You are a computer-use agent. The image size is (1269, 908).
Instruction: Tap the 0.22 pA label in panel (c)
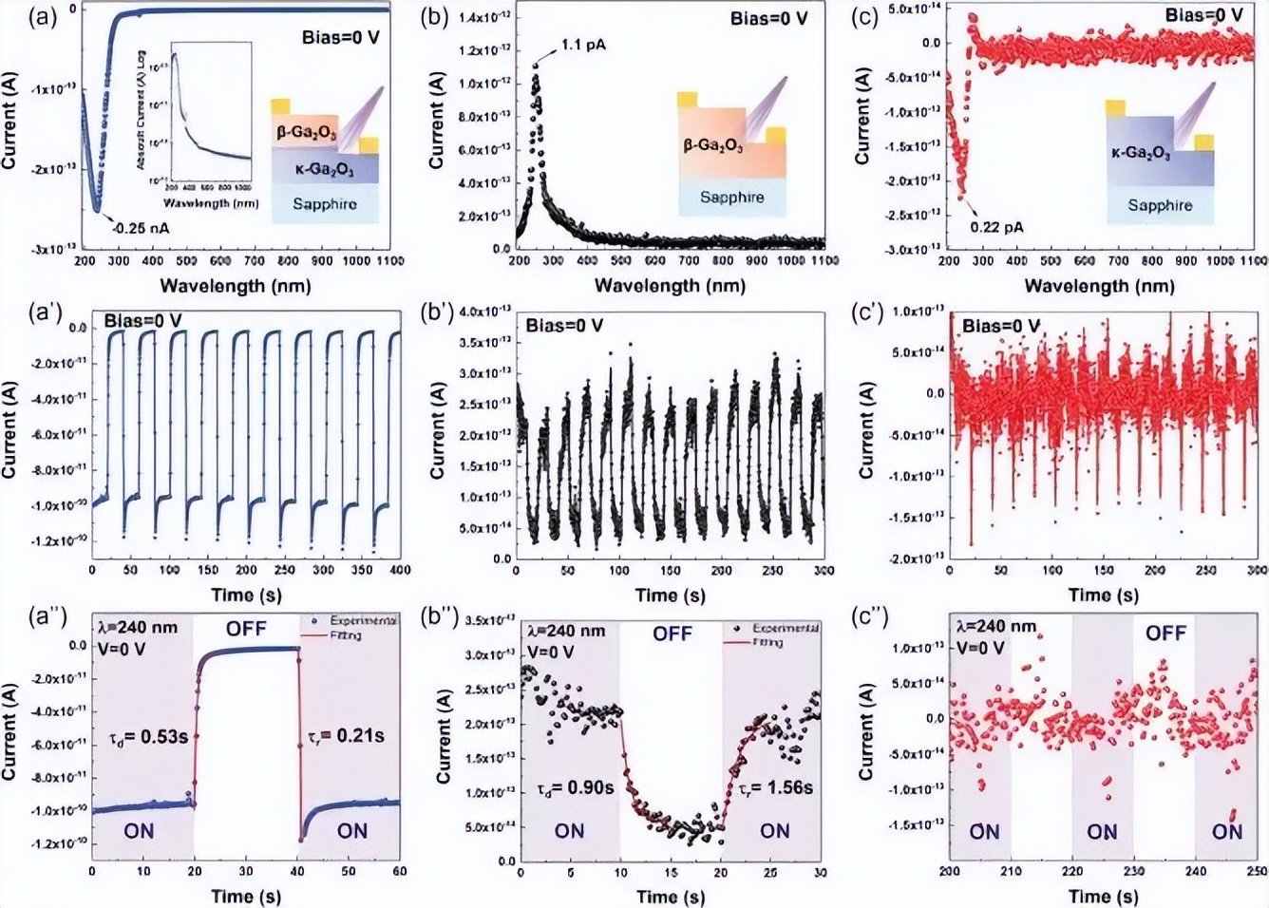pos(997,227)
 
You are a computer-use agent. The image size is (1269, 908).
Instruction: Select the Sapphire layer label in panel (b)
pos(731,198)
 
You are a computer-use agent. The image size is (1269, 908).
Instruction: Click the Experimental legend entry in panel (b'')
pos(786,628)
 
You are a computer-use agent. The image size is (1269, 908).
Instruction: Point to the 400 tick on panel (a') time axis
pos(401,570)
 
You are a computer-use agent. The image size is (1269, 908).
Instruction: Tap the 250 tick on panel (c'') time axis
pos(1256,871)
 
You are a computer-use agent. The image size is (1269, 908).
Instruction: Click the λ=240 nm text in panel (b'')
pos(566,631)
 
